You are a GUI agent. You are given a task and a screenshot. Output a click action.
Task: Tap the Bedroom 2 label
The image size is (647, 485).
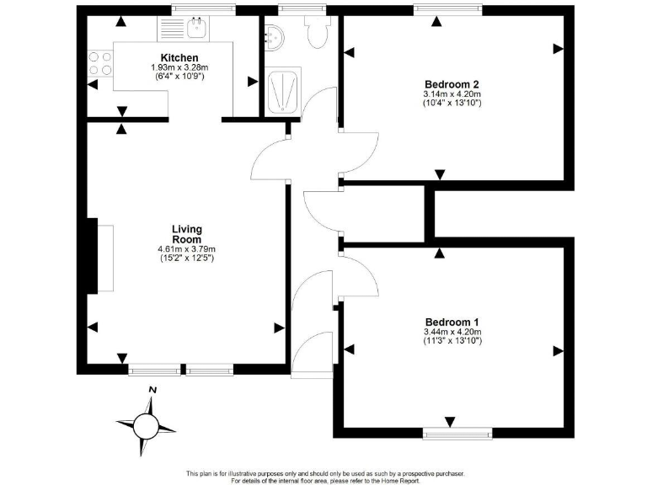pos(452,84)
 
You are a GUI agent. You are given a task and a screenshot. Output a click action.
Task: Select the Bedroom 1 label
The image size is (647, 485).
pos(452,322)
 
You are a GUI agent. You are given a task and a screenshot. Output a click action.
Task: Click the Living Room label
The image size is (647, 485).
pos(186,234)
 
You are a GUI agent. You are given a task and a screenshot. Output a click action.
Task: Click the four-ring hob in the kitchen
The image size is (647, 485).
pos(100,63)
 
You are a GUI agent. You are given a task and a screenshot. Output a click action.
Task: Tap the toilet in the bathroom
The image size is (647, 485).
pos(318,34)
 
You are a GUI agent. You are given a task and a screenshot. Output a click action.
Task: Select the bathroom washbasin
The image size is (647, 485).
pos(275,36)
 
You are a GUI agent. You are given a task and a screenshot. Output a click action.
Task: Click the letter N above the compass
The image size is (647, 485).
pos(152,390)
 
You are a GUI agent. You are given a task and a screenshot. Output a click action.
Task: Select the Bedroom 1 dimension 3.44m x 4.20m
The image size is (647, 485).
pos(452,333)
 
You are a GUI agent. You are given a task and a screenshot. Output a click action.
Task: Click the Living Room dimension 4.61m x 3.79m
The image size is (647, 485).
pos(186,249)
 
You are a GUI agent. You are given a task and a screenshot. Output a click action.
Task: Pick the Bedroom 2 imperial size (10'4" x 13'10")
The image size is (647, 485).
pos(452,104)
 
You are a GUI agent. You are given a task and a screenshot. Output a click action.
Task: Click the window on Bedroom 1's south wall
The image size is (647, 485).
pos(457,434)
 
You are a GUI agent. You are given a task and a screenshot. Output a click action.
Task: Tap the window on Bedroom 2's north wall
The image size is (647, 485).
pos(447,9)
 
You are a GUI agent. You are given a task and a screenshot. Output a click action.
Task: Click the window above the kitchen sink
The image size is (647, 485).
pos(203,9)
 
